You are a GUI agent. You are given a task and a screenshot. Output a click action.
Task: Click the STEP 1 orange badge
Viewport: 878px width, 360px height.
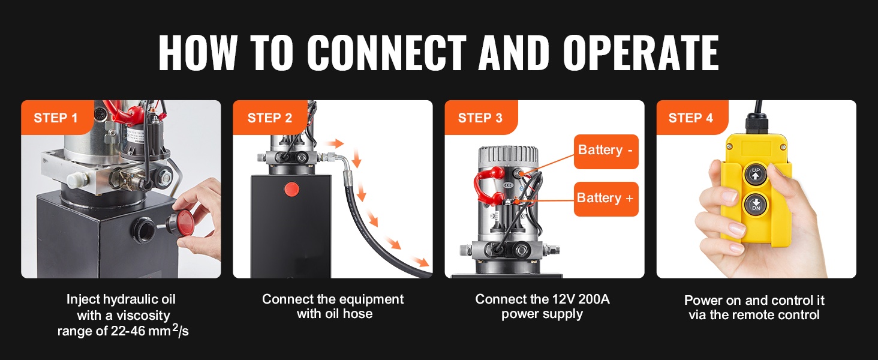56,118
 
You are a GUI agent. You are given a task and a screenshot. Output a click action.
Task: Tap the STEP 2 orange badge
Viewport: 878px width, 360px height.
269,118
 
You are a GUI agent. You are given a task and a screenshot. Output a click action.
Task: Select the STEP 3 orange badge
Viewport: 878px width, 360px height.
480,118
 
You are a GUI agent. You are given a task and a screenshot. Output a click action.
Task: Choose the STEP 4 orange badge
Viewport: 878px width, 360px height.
691,118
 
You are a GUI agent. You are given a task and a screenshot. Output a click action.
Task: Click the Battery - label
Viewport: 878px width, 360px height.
605,150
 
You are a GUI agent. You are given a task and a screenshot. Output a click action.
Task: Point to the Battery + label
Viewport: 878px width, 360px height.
605,198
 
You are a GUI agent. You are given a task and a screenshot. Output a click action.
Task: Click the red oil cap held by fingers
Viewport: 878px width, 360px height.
187,220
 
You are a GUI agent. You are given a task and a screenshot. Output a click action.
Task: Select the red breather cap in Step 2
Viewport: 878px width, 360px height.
291,189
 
